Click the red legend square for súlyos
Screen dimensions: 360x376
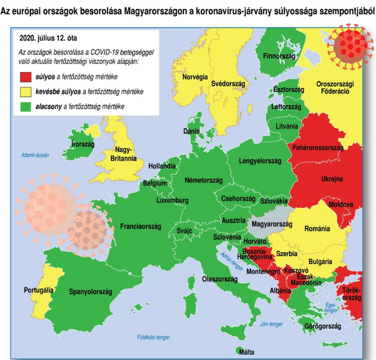pos(25,78)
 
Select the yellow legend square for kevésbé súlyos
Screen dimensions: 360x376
pos(25,92)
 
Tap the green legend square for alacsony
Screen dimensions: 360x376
pos(25,107)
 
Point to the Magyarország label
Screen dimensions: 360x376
pos(271,224)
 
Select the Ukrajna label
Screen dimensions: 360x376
pos(331,179)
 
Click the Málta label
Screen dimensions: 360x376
pos(246,352)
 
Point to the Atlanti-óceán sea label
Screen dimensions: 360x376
pos(35,155)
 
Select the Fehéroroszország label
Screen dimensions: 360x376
pos(317,148)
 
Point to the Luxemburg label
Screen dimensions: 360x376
pos(172,200)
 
